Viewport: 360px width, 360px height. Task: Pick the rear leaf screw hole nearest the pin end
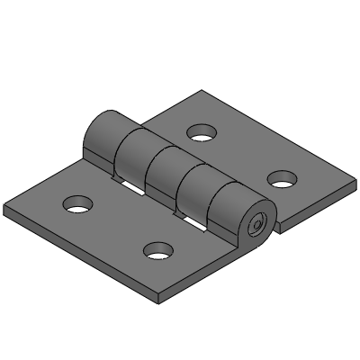tap(283, 178)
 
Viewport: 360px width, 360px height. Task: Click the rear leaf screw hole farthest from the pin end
tap(203, 135)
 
